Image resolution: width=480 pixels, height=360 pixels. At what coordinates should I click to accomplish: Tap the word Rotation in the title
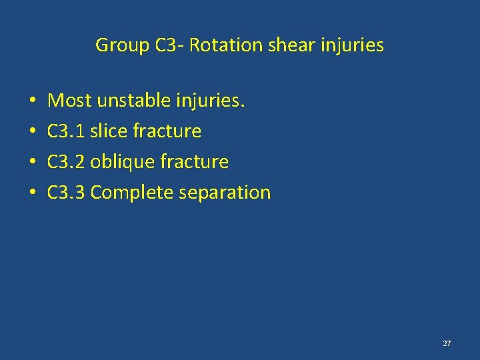click(219, 45)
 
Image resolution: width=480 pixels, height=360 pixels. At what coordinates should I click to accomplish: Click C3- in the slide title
click(169, 45)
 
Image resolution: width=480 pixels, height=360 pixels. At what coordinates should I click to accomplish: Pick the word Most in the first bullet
click(70, 101)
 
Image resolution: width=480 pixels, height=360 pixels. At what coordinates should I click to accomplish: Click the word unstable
click(134, 101)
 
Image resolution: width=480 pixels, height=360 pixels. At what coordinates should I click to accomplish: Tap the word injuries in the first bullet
click(212, 101)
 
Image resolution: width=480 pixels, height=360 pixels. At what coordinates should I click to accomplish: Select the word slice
click(109, 131)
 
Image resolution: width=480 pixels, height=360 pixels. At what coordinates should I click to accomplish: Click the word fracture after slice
click(167, 131)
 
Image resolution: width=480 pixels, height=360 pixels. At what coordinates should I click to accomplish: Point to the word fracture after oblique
click(195, 162)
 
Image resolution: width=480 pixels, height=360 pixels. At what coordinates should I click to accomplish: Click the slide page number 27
click(447, 343)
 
